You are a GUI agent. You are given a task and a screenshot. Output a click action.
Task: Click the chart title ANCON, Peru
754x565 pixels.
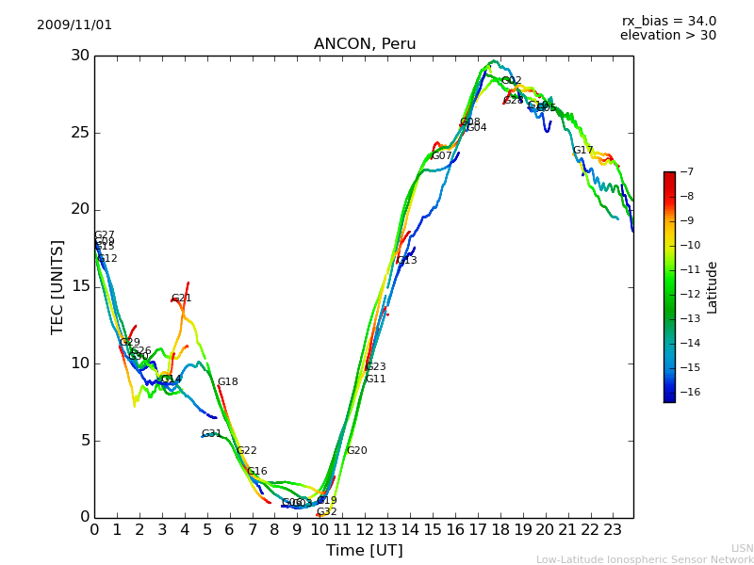pyautogui.click(x=364, y=44)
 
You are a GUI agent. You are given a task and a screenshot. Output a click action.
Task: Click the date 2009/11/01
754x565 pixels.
pyautogui.click(x=74, y=25)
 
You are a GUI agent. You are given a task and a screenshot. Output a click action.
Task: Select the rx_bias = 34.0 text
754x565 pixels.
pyautogui.click(x=668, y=22)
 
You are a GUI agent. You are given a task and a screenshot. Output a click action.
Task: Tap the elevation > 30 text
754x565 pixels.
pyautogui.click(x=667, y=36)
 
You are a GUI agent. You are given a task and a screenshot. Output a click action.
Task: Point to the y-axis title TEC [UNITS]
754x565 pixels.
pyautogui.click(x=58, y=286)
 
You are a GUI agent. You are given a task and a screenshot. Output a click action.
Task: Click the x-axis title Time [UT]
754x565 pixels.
pyautogui.click(x=364, y=551)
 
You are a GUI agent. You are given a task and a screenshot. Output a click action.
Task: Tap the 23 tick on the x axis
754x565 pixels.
pyautogui.click(x=612, y=530)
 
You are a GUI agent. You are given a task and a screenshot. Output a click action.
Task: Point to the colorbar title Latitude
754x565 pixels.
pyautogui.click(x=713, y=287)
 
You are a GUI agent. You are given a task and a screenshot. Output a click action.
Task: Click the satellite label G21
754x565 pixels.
pyautogui.click(x=181, y=299)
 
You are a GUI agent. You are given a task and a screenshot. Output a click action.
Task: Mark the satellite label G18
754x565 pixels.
pyautogui.click(x=227, y=382)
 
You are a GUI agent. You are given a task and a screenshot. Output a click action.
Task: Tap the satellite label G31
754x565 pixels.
pyautogui.click(x=211, y=434)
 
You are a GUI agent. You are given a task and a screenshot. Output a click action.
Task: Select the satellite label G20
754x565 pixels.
pyautogui.click(x=356, y=451)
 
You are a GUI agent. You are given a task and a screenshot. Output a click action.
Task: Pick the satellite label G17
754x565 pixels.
pyautogui.click(x=582, y=151)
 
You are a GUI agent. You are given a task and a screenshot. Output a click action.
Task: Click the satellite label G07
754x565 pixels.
pyautogui.click(x=441, y=156)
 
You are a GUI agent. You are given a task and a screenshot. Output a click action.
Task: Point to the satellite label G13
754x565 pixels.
pyautogui.click(x=406, y=261)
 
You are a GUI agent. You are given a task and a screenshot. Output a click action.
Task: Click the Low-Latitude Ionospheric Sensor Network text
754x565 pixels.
pyautogui.click(x=645, y=559)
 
